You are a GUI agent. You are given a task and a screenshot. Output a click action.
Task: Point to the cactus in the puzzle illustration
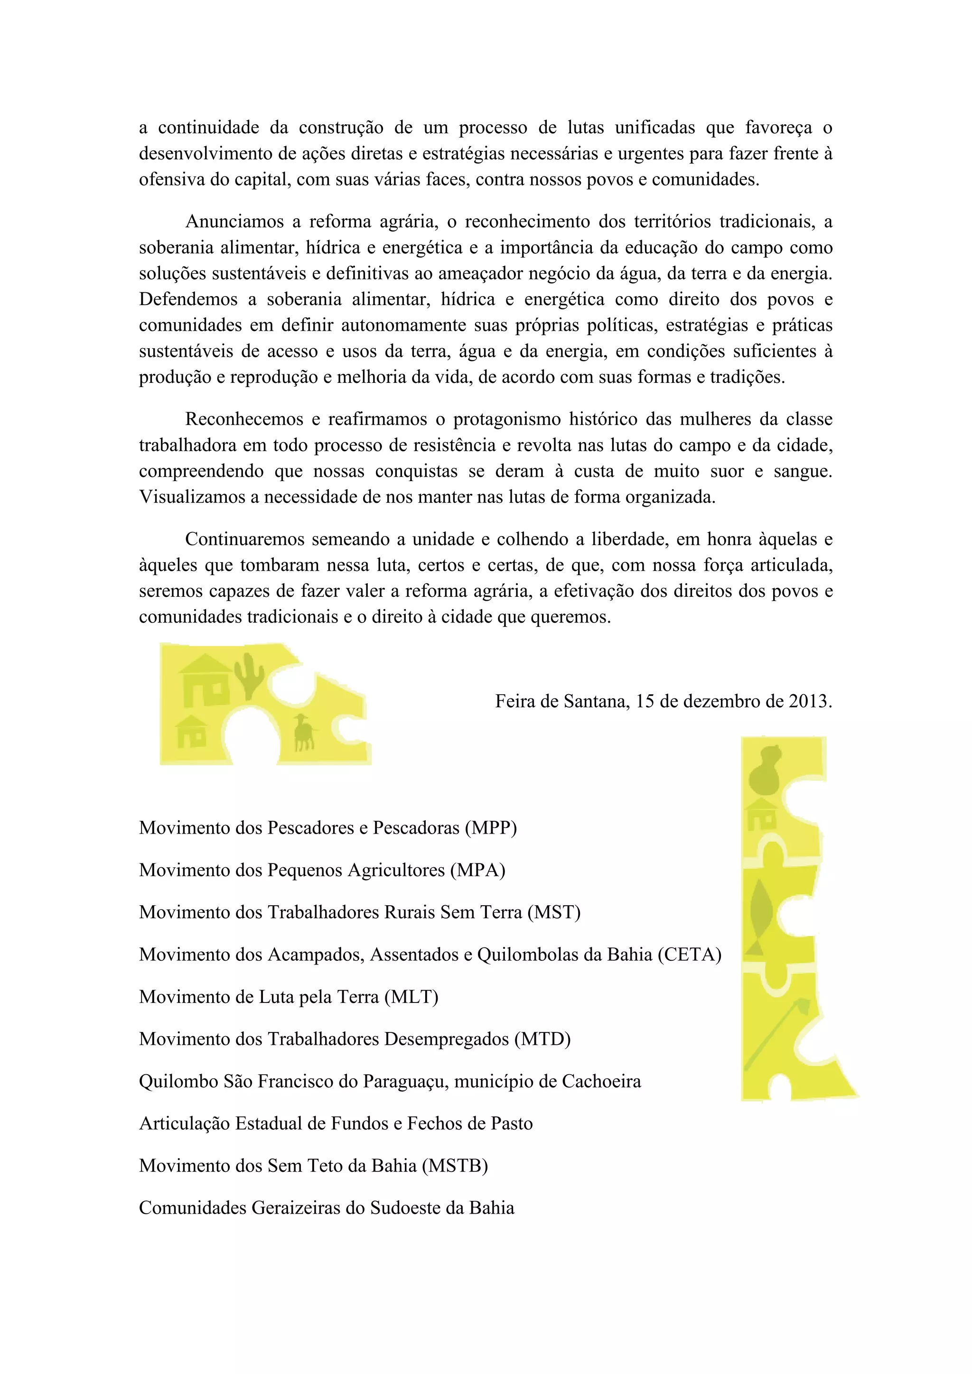click(248, 675)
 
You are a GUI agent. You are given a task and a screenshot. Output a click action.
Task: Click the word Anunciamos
click(234, 222)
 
